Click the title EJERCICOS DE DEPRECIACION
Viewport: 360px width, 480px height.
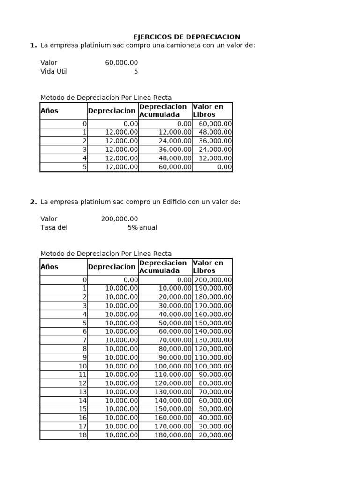coord(187,37)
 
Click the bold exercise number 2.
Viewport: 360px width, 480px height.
coord(33,202)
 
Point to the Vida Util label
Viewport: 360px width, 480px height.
coord(54,72)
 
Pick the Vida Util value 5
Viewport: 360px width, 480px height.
coord(136,72)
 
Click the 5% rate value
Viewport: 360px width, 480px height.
coord(133,227)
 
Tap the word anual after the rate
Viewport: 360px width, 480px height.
coord(148,227)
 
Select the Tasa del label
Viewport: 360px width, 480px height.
coord(54,227)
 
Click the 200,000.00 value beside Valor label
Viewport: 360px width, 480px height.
coord(120,219)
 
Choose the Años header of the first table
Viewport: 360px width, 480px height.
coord(50,111)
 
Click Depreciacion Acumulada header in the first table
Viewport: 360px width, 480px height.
coord(163,111)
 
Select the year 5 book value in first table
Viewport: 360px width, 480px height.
coord(224,167)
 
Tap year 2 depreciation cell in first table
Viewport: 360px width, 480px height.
coord(121,141)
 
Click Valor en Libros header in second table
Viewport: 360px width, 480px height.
coord(208,267)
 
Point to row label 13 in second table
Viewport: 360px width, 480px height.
coord(82,392)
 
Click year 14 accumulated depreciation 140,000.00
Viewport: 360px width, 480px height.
coord(173,400)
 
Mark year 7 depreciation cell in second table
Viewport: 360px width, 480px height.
coord(121,340)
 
